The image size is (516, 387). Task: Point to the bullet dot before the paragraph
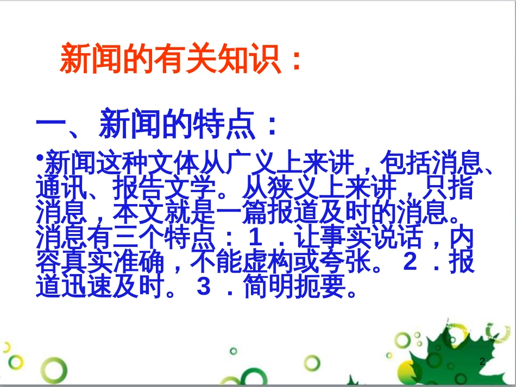point(40,157)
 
